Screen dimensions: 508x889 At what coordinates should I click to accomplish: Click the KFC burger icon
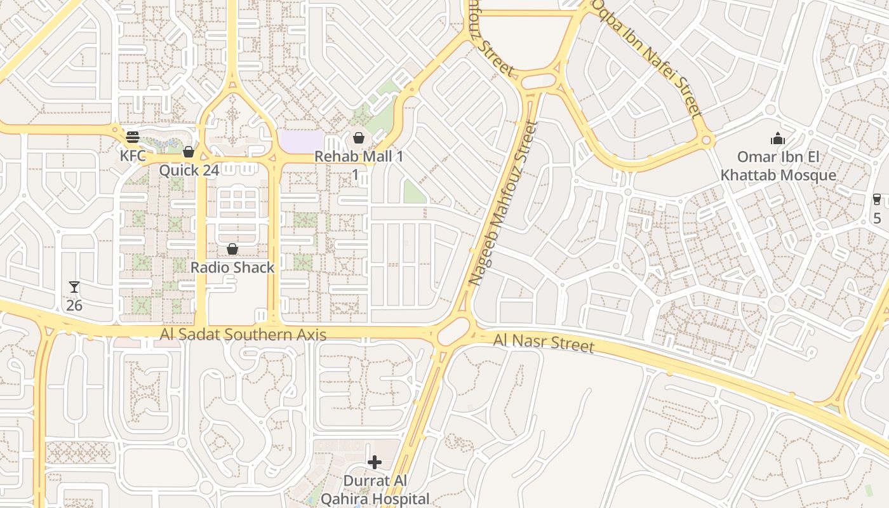pos(133,137)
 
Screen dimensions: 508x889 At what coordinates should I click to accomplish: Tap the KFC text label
pos(133,156)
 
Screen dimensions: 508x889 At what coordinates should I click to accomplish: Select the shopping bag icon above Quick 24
pos(188,152)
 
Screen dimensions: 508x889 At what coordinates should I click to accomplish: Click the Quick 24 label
pos(189,170)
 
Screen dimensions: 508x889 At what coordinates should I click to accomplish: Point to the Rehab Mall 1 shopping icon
pos(359,138)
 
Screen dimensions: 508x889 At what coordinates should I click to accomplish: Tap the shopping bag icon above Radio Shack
pos(232,249)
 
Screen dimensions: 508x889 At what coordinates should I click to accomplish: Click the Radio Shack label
pos(232,267)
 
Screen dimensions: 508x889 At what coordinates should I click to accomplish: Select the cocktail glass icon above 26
pos(74,287)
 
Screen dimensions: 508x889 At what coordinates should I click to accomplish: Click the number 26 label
pos(74,305)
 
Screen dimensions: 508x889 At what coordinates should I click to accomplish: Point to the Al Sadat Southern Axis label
pos(243,335)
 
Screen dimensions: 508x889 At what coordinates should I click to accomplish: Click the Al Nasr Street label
pos(544,344)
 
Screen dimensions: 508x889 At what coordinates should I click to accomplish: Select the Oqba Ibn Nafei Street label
pos(647,58)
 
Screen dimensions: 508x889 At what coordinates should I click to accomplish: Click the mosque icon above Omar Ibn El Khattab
pos(778,138)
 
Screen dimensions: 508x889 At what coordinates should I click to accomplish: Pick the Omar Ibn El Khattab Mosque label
pos(778,166)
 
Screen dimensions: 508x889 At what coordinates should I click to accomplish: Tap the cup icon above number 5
pos(877,199)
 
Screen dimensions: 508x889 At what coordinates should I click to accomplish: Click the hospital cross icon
pos(375,462)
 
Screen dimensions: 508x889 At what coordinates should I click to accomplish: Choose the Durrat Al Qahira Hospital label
pos(375,490)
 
